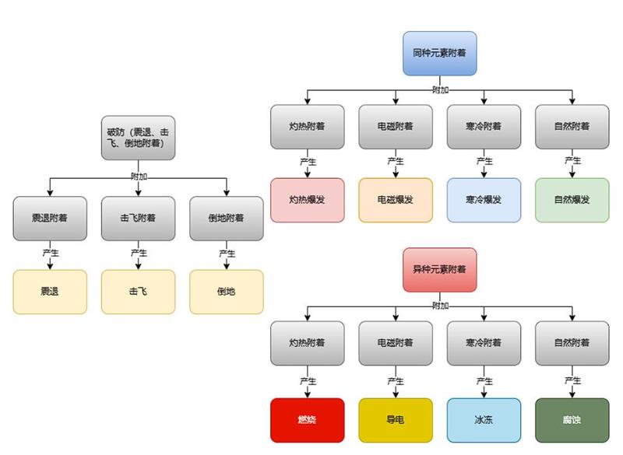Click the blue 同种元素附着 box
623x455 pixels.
tap(439, 54)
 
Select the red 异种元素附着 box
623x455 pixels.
tap(439, 270)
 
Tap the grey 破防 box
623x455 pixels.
tap(138, 138)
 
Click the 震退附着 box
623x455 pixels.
tap(49, 219)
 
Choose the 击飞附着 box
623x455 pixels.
tap(138, 219)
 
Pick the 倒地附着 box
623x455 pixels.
tap(227, 219)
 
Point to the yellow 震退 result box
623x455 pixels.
tap(49, 292)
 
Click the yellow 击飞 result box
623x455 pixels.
tap(138, 292)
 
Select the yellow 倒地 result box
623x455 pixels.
tap(227, 292)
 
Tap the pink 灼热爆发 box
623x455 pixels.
tap(307, 200)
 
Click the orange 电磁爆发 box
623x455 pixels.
tap(395, 200)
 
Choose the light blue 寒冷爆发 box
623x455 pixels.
tap(484, 200)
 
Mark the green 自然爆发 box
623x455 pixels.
tap(572, 200)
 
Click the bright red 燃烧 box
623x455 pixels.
tap(307, 420)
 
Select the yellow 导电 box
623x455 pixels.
tap(395, 420)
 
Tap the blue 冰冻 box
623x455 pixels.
tap(484, 420)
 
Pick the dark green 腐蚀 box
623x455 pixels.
tap(572, 420)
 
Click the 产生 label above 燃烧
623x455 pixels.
tap(307, 381)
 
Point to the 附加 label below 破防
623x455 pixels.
tap(139, 176)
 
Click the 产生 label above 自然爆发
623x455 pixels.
tap(572, 161)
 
